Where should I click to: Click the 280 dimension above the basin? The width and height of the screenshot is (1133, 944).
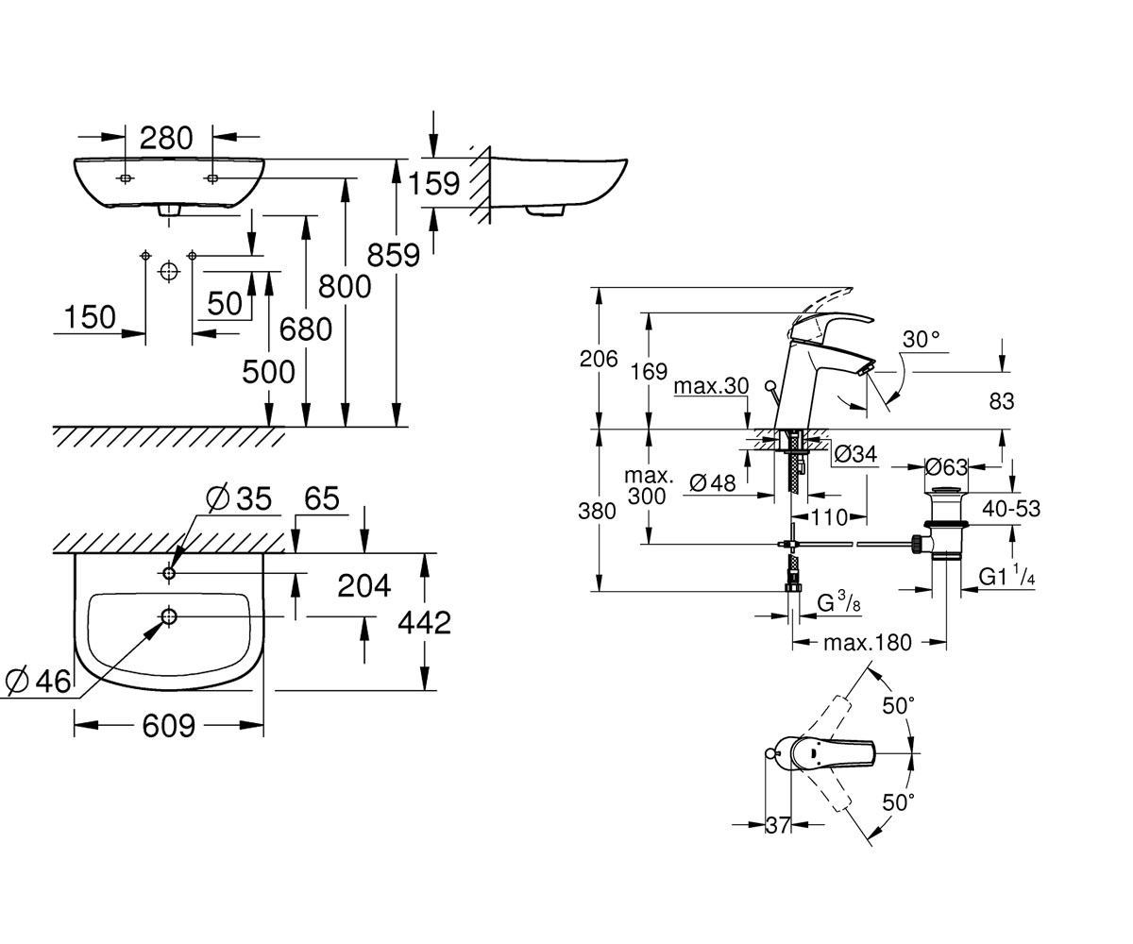pos(166,139)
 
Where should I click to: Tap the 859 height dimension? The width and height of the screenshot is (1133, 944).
pos(394,255)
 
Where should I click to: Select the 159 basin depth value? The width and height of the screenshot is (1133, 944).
pos(434,183)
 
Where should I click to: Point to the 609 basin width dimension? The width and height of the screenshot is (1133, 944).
pos(168,726)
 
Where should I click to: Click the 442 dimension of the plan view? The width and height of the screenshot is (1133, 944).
pos(424,623)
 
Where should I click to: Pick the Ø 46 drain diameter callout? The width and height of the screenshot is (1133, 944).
pos(38,682)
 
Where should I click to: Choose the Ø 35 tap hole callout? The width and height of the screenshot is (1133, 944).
pos(239,498)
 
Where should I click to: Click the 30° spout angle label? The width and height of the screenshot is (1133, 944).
pos(921,340)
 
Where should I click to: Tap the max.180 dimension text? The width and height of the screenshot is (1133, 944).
pos(867,643)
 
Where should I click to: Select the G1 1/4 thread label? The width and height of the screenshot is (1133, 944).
pos(1006,577)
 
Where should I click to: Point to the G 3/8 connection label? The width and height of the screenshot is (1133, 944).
pos(838,603)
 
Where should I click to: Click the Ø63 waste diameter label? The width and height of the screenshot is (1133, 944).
pos(946,467)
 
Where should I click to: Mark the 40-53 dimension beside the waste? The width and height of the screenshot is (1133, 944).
pos(1011,509)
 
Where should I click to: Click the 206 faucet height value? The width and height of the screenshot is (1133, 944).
pos(599,359)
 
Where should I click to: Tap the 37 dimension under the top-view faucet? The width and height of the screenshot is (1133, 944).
pos(778,825)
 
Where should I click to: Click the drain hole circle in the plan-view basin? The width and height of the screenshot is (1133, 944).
pos(169,616)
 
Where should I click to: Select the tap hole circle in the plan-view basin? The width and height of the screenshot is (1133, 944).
pos(169,573)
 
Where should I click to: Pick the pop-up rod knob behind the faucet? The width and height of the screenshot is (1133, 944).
pos(769,387)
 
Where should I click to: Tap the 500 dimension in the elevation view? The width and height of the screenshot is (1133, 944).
pos(268,372)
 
